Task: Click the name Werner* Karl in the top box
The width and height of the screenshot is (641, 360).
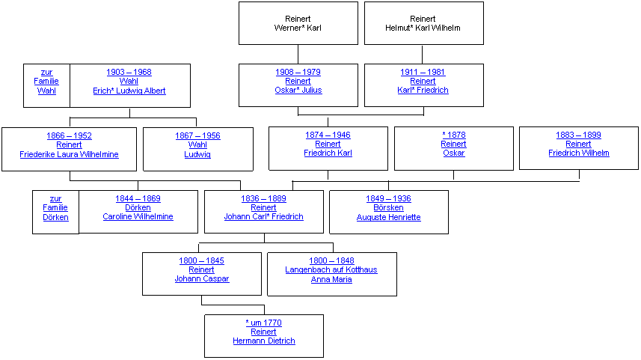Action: click(x=298, y=28)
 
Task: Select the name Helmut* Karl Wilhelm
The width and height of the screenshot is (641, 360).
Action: click(x=423, y=28)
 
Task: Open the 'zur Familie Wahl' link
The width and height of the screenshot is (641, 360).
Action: click(x=46, y=82)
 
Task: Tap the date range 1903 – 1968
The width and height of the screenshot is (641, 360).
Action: click(x=129, y=72)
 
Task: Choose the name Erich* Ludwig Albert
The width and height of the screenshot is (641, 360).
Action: click(x=129, y=91)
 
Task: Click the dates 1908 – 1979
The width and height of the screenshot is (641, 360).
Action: click(x=298, y=72)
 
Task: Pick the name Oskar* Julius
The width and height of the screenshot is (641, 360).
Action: click(x=298, y=90)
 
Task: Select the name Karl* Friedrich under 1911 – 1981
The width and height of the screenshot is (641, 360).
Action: click(x=423, y=90)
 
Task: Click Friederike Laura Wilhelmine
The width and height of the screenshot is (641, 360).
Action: click(x=69, y=154)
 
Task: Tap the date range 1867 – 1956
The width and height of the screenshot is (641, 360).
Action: click(x=198, y=135)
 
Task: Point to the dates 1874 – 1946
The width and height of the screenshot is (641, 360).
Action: click(x=328, y=135)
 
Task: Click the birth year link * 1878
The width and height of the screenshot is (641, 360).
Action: click(x=454, y=135)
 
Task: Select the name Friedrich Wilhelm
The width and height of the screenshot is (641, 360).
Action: click(x=579, y=153)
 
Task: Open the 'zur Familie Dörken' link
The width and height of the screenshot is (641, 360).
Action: click(x=55, y=208)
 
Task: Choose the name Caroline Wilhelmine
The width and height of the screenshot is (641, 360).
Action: click(x=138, y=216)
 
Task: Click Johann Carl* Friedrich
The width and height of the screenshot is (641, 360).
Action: click(x=264, y=216)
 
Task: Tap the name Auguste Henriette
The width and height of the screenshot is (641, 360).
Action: click(x=389, y=217)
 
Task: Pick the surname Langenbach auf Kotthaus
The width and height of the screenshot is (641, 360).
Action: click(x=331, y=269)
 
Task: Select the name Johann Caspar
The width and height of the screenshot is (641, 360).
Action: click(x=202, y=278)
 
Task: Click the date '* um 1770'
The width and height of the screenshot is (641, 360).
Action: click(x=264, y=323)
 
